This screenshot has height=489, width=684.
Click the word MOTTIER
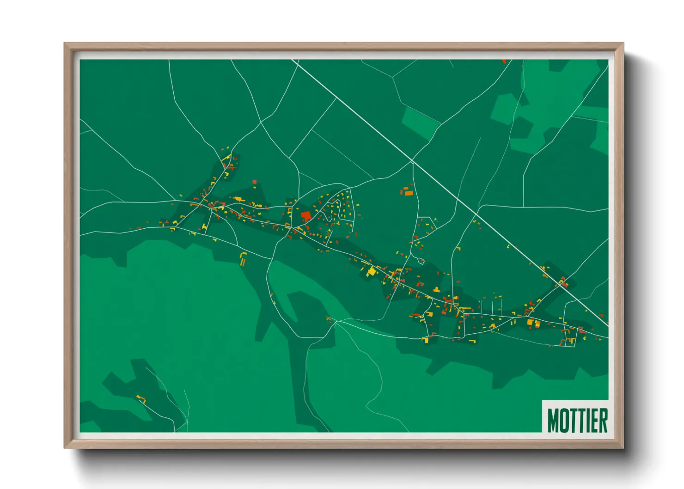click(x=577, y=420)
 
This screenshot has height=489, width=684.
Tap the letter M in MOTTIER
click(x=554, y=420)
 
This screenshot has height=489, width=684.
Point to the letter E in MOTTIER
click(x=593, y=420)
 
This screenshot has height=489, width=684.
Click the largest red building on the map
click(x=305, y=216)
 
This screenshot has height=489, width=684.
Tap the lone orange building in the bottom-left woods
click(x=141, y=399)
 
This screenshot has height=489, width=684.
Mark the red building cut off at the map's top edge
click(x=504, y=61)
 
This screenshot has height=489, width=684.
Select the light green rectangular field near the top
click(x=420, y=122)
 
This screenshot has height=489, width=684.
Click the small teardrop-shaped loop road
click(x=421, y=261)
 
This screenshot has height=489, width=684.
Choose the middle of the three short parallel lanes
click(x=493, y=307)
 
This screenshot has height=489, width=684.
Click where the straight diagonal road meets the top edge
click(x=293, y=60)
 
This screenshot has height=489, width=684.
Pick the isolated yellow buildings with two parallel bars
click(x=243, y=259)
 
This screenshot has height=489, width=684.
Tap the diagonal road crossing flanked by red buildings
click(x=562, y=283)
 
